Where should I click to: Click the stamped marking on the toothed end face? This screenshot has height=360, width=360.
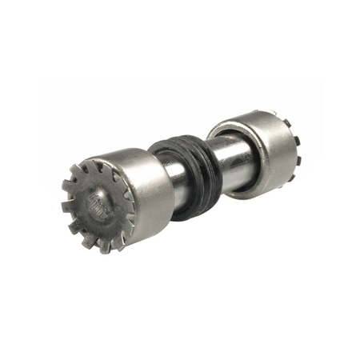[98, 200]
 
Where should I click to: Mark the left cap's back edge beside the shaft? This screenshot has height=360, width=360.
[160, 160]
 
